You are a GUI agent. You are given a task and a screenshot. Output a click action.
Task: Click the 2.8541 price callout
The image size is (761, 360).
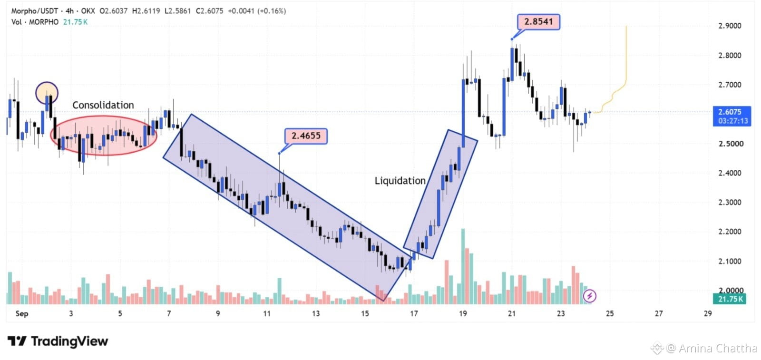pyautogui.click(x=538, y=22)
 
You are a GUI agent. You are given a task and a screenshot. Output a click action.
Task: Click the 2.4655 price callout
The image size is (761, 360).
pyautogui.click(x=306, y=136)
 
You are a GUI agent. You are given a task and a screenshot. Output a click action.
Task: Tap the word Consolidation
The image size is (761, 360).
pyautogui.click(x=103, y=105)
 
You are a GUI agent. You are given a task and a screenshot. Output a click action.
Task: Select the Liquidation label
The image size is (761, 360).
pyautogui.click(x=400, y=181)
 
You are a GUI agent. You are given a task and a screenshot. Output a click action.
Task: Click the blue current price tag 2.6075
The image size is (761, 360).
pyautogui.click(x=732, y=116)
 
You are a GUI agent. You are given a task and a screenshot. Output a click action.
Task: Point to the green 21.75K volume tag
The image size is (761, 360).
pyautogui.click(x=730, y=299)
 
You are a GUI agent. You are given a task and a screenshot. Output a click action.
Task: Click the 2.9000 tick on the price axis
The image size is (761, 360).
pyautogui.click(x=730, y=26)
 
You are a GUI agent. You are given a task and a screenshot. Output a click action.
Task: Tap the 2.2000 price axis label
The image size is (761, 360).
pyautogui.click(x=730, y=232)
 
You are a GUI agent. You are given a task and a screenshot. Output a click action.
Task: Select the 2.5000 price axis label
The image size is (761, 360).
pyautogui.click(x=730, y=144)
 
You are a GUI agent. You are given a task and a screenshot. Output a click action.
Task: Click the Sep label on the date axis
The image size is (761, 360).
pyautogui.click(x=22, y=313)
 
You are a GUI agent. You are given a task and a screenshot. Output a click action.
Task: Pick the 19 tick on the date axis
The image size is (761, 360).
pyautogui.click(x=463, y=313)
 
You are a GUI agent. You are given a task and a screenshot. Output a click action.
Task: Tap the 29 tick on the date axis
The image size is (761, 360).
pyautogui.click(x=708, y=313)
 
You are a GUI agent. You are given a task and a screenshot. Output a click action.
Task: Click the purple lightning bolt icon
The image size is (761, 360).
pyautogui.click(x=589, y=296)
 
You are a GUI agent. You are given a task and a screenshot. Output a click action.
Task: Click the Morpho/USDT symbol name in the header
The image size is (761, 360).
pyautogui.click(x=34, y=11)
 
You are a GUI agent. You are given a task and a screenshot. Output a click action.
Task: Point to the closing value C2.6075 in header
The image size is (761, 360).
pyautogui.click(x=210, y=11)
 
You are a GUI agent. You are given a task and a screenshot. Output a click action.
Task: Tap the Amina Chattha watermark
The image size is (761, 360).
pyautogui.click(x=712, y=349)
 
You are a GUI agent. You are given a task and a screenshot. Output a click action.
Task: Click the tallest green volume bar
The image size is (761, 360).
pyautogui.click(x=463, y=266)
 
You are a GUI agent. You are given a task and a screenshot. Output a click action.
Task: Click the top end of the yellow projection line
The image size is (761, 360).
pyautogui.click(x=626, y=26)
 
